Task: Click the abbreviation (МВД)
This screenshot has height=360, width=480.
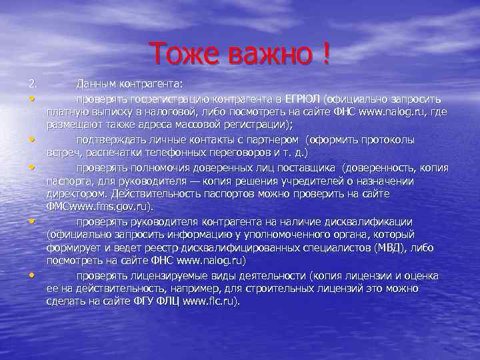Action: (385, 247)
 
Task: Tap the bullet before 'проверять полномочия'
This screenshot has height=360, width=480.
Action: (32, 167)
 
